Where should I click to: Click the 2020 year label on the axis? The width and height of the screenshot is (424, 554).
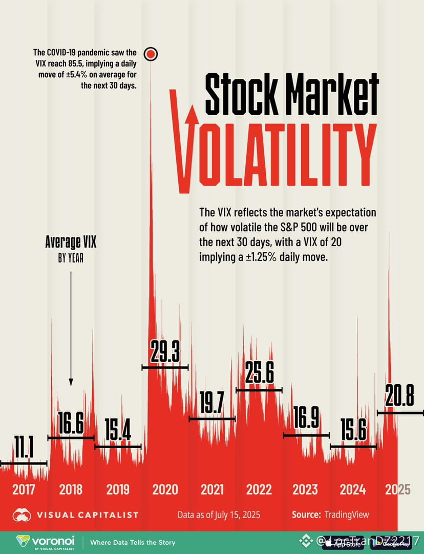pyautogui.click(x=165, y=490)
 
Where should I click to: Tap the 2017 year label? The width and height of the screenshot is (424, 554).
pyautogui.click(x=24, y=490)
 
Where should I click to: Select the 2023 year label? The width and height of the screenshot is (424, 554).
pyautogui.click(x=305, y=490)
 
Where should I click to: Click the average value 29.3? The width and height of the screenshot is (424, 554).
pyautogui.click(x=165, y=351)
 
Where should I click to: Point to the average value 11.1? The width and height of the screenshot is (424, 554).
pyautogui.click(x=24, y=449)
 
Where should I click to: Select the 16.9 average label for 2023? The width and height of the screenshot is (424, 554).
pyautogui.click(x=306, y=419)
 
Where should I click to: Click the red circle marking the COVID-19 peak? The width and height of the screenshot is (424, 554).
pyautogui.click(x=151, y=54)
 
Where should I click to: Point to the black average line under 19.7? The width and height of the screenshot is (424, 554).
pyautogui.click(x=212, y=418)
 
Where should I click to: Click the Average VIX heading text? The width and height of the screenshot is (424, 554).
pyautogui.click(x=71, y=242)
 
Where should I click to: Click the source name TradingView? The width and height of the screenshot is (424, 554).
pyautogui.click(x=347, y=515)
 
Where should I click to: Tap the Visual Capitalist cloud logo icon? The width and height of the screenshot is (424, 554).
pyautogui.click(x=23, y=515)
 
